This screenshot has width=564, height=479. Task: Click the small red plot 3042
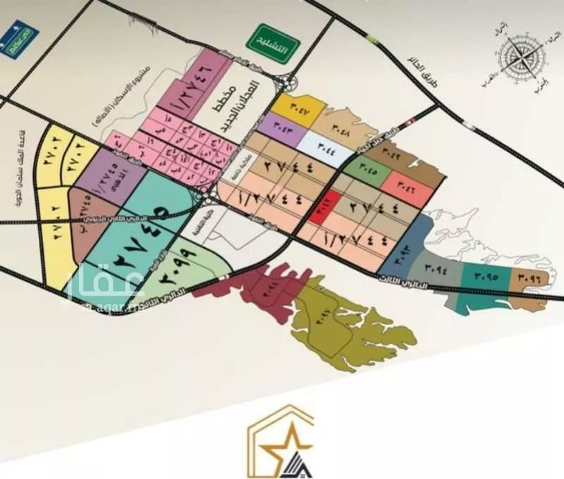pyautogui.click(x=325, y=209)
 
